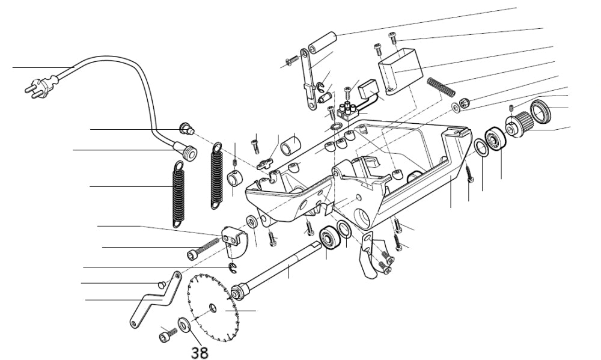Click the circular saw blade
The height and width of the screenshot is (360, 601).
tap(213, 308)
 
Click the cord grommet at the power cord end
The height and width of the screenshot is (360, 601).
tap(190, 153)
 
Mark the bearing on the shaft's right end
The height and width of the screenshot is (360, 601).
tap(329, 237)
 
